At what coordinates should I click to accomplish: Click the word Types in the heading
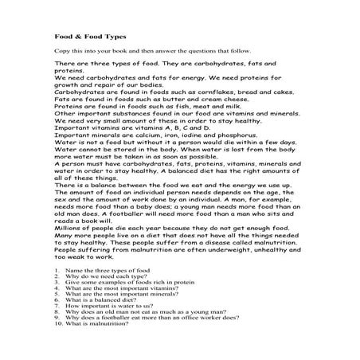[113, 36]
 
